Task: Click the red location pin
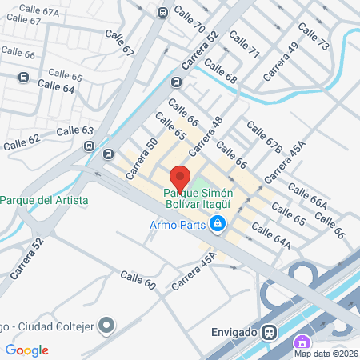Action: (x=180, y=178)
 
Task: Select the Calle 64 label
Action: (x=56, y=86)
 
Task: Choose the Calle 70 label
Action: (x=189, y=22)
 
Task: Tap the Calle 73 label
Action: (x=314, y=37)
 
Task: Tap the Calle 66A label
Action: (x=307, y=196)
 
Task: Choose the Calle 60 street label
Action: (x=137, y=280)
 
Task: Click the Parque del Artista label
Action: (x=44, y=199)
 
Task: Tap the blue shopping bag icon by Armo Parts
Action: (x=216, y=225)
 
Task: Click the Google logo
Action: (x=26, y=350)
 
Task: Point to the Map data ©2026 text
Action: (x=326, y=354)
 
